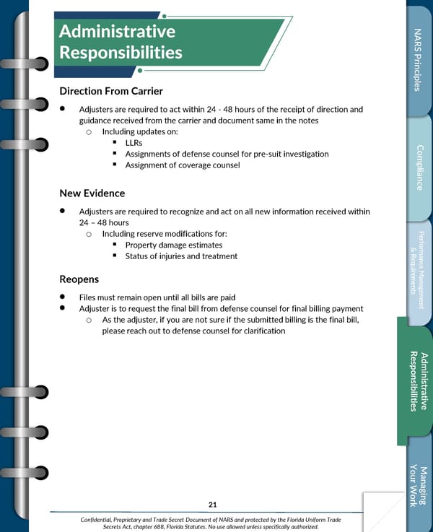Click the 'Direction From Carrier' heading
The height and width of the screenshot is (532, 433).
click(x=111, y=91)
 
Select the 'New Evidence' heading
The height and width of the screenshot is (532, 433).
click(x=92, y=193)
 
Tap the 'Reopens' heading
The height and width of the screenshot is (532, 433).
click(x=79, y=279)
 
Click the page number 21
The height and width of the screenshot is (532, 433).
click(x=212, y=505)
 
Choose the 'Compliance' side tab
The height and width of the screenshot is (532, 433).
click(x=419, y=167)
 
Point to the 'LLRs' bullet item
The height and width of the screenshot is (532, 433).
click(x=134, y=143)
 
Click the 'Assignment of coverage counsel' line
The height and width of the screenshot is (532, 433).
click(x=183, y=165)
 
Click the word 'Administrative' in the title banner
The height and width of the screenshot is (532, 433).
click(x=117, y=32)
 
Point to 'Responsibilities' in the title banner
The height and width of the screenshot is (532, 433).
click(x=121, y=53)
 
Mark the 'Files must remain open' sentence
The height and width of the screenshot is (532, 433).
click(x=157, y=297)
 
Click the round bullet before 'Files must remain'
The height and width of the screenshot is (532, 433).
click(x=63, y=297)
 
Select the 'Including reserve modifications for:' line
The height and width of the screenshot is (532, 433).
click(x=165, y=234)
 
